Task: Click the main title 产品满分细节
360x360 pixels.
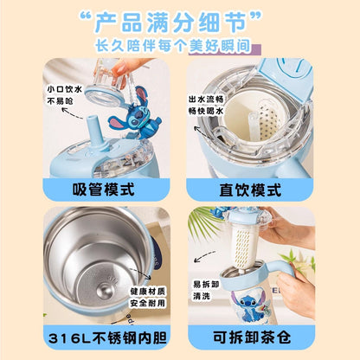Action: [x=171, y=22]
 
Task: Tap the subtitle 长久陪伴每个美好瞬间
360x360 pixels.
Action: [x=172, y=46]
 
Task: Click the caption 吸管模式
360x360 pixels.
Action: [x=103, y=190]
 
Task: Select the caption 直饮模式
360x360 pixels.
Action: [x=250, y=190]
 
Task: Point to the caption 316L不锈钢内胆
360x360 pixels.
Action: [x=107, y=337]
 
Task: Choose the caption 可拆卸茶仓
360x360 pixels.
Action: [x=252, y=337]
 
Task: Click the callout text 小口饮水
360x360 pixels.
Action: [x=65, y=89]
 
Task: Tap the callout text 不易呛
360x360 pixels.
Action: [x=61, y=101]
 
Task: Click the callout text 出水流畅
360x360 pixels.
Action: [x=206, y=100]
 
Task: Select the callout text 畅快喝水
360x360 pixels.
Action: [x=206, y=111]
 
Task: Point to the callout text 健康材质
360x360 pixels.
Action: [x=148, y=291]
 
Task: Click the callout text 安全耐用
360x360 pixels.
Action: [x=148, y=303]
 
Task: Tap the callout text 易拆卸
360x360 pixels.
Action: [x=206, y=284]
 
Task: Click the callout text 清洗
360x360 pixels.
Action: [x=202, y=296]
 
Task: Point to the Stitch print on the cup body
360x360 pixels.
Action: [x=248, y=305]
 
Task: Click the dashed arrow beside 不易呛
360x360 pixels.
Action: [x=72, y=112]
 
